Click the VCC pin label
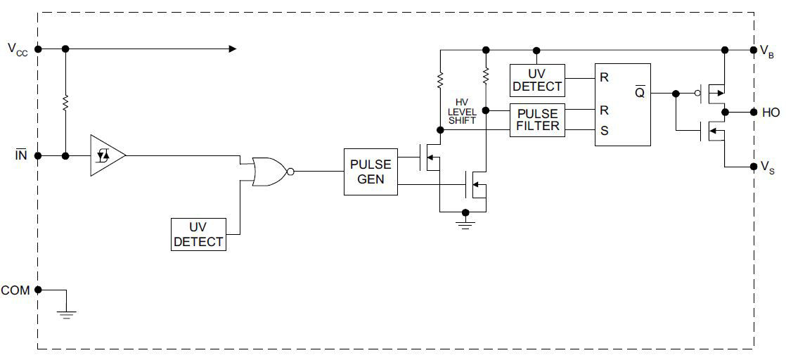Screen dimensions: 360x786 tap(18, 49)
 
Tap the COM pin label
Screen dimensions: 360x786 tap(15, 290)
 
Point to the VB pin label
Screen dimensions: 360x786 tap(767, 51)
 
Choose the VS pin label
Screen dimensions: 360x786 tap(767, 167)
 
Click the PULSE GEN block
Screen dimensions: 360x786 tap(371, 172)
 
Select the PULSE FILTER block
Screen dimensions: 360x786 tap(537, 120)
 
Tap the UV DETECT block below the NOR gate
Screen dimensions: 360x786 tap(198, 235)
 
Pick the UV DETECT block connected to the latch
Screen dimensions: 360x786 tap(537, 80)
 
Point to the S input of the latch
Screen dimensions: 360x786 tap(603, 130)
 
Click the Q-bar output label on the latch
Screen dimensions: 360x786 tap(640, 93)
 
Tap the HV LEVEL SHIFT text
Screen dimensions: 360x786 tap(462, 112)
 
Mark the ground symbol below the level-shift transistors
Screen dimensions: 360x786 tap(465, 224)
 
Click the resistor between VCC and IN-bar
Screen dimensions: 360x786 tap(65, 103)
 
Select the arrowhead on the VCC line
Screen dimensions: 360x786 tap(231, 49)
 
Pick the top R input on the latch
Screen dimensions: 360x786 tap(604, 77)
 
